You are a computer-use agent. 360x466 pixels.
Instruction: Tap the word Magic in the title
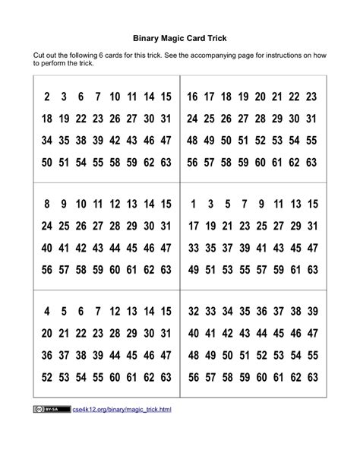point(179,37)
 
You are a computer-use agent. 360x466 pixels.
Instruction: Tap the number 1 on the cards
point(193,204)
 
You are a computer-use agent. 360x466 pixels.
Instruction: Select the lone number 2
point(47,97)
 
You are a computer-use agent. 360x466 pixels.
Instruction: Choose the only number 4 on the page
point(47,311)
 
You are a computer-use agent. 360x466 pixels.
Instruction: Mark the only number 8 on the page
point(47,204)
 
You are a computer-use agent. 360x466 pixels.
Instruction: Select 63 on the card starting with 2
point(166,162)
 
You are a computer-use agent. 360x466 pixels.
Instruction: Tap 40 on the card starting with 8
point(47,247)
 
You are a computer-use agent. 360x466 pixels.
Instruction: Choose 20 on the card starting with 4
point(47,333)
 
